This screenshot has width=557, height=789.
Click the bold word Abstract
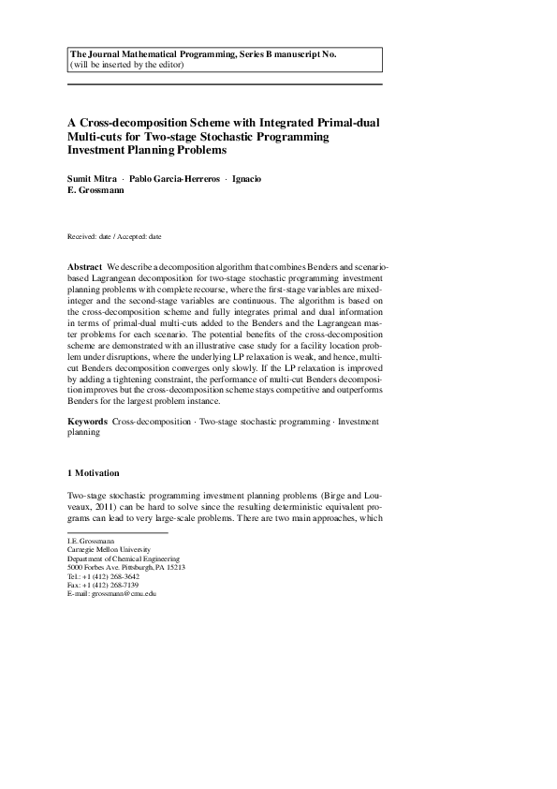[x=85, y=267]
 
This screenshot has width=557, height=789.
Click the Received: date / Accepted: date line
[x=114, y=237]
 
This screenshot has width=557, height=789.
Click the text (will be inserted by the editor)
[x=127, y=65]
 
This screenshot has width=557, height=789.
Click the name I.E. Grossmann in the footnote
[x=89, y=541]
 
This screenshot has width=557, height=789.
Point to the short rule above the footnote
[x=117, y=532]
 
